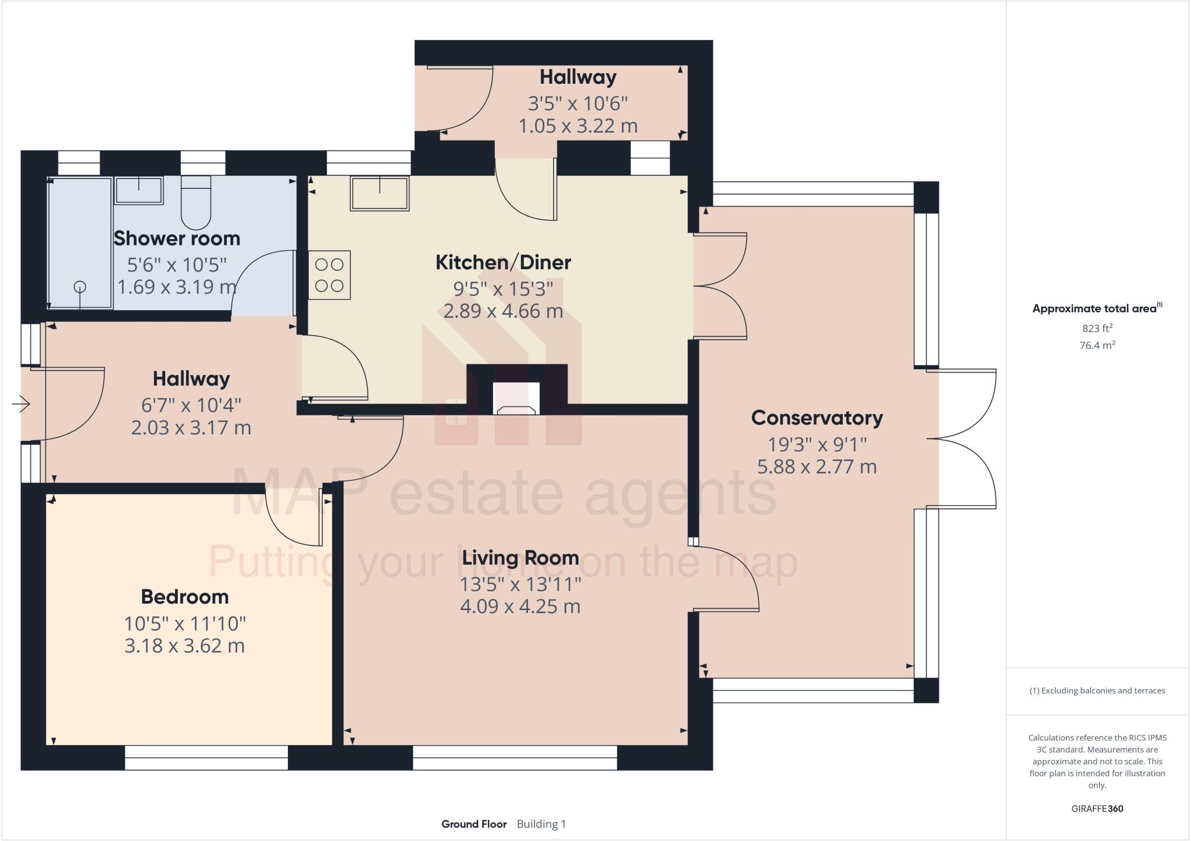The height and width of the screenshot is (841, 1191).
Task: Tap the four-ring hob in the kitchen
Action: tap(329, 275)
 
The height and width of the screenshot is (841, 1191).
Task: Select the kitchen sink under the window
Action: tap(379, 193)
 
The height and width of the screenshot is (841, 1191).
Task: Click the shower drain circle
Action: tap(80, 286)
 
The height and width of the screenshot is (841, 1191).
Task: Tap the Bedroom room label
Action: tap(185, 597)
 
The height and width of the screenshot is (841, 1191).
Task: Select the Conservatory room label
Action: tap(816, 418)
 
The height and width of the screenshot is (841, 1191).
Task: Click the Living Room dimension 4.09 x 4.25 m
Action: tap(520, 607)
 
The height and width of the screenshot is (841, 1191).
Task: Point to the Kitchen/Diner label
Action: tap(503, 262)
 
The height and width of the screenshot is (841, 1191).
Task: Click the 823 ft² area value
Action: tap(1097, 328)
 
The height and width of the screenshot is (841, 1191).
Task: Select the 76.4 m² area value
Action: tap(1097, 345)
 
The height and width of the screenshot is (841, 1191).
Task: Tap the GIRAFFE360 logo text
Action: tap(1097, 808)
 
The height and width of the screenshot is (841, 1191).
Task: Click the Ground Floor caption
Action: tap(474, 824)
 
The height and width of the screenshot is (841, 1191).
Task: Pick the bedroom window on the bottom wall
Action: tap(206, 758)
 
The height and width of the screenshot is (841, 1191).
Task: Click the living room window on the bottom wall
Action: tap(515, 758)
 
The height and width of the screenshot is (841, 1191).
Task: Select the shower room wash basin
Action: tap(138, 191)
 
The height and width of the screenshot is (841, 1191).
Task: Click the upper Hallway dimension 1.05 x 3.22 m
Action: tap(578, 126)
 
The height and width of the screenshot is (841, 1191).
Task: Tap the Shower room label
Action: tap(177, 238)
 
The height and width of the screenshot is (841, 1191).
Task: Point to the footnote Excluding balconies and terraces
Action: tap(1097, 691)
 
